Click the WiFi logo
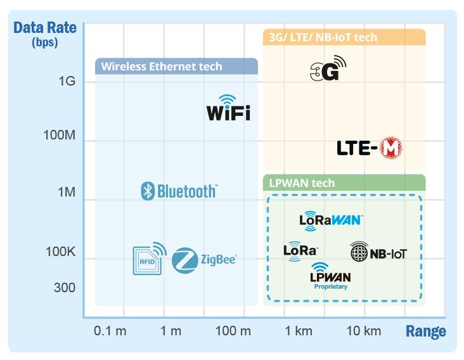(x=228, y=108)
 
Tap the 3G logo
(x=328, y=69)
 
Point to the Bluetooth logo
(x=179, y=191)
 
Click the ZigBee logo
(x=203, y=259)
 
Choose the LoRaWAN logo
(x=330, y=219)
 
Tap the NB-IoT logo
(x=378, y=253)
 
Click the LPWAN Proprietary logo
(x=330, y=276)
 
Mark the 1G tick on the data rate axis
(x=67, y=81)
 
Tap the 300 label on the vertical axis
(x=64, y=288)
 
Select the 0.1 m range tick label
(x=109, y=330)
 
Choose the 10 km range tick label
(x=363, y=330)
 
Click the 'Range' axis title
(x=425, y=331)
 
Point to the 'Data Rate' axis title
(x=44, y=28)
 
